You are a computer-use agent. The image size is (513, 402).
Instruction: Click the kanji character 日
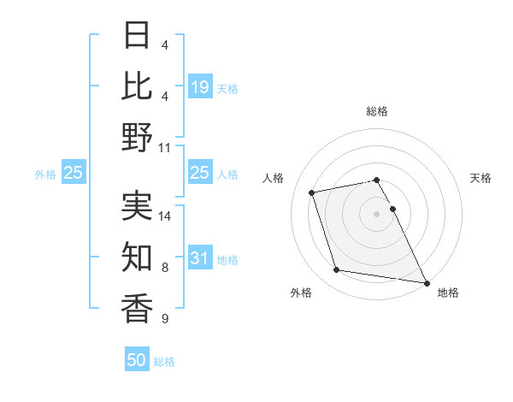pyautogui.click(x=137, y=35)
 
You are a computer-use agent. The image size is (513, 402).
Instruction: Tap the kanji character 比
pyautogui.click(x=137, y=86)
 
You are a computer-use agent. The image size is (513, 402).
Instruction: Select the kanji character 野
pyautogui.click(x=137, y=137)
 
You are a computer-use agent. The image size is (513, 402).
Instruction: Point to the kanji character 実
pyautogui.click(x=137, y=205)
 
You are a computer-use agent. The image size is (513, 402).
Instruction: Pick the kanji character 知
pyautogui.click(x=137, y=257)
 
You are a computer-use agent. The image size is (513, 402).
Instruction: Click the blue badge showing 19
pyautogui.click(x=200, y=86)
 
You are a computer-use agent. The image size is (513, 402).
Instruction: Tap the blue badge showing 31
pyautogui.click(x=200, y=258)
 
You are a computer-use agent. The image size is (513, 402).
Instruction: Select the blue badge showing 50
pyautogui.click(x=137, y=360)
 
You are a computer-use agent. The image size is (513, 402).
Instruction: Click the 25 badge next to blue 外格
pyautogui.click(x=74, y=174)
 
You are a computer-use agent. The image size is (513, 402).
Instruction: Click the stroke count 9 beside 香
pyautogui.click(x=164, y=319)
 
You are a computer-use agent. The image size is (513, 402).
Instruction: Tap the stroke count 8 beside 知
pyautogui.click(x=164, y=268)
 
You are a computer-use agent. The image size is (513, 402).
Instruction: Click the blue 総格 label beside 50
pyautogui.click(x=164, y=362)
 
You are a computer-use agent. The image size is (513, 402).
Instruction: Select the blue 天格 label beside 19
pyautogui.click(x=227, y=88)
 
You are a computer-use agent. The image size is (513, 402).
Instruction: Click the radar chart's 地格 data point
pyautogui.click(x=426, y=282)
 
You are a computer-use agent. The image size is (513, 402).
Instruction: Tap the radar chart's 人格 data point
pyautogui.click(x=312, y=192)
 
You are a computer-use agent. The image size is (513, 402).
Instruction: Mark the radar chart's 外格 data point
pyautogui.click(x=337, y=270)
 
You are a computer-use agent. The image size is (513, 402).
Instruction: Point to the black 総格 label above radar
pyautogui.click(x=376, y=111)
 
